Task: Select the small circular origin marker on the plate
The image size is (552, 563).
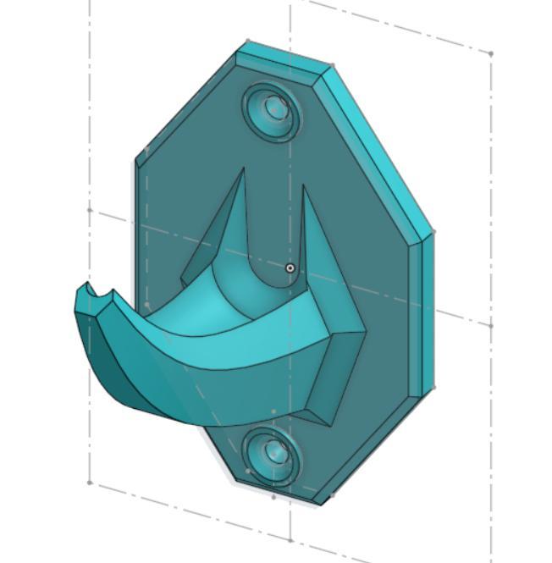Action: (290, 268)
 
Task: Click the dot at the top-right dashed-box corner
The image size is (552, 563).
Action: (491, 54)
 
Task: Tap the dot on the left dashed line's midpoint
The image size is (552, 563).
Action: (90, 209)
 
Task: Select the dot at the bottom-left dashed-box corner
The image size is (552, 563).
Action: (90, 483)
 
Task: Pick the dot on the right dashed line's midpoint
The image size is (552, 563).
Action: (491, 325)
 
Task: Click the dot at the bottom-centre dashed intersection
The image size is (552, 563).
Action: (290, 539)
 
